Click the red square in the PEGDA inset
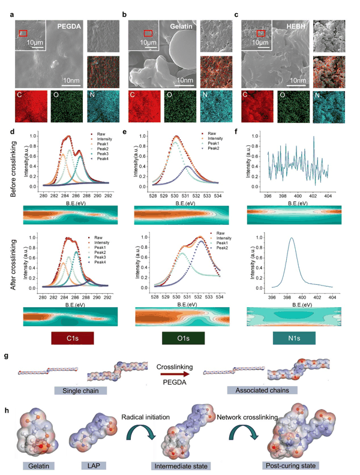(x=23, y=33)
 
